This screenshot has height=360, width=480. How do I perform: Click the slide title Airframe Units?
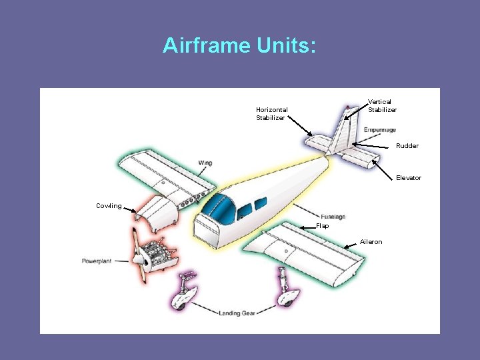click(x=239, y=45)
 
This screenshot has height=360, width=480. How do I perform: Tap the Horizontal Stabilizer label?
click(x=272, y=113)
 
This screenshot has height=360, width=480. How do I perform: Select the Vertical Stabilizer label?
click(x=382, y=105)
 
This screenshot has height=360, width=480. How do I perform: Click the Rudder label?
click(x=407, y=146)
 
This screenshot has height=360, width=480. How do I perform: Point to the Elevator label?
click(x=409, y=178)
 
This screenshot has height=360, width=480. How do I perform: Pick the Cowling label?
click(x=109, y=206)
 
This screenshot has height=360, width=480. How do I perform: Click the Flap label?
click(x=322, y=226)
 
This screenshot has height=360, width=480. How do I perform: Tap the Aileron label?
click(x=371, y=242)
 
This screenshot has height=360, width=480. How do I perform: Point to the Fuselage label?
click(x=333, y=217)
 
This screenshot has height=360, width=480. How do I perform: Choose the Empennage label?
click(x=379, y=129)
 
